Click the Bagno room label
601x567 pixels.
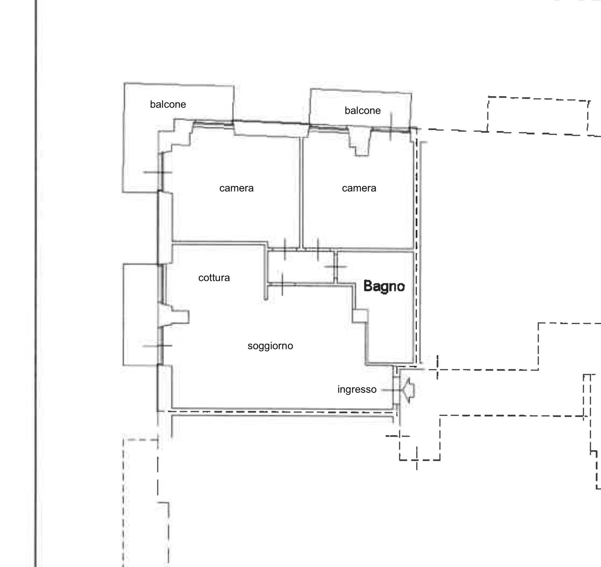384,286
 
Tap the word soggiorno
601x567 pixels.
270,346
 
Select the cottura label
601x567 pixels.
214,278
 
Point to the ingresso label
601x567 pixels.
357,389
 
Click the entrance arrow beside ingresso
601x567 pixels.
408,390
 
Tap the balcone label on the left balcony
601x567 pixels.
168,104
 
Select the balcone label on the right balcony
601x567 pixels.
362,110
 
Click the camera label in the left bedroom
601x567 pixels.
236,188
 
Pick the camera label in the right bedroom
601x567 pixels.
359,188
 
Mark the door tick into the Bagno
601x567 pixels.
336,267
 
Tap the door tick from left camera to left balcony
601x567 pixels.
158,172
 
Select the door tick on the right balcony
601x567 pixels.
391,127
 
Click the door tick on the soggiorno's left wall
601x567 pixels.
158,346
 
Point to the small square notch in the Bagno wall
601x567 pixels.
360,316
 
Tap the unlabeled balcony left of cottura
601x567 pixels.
141,314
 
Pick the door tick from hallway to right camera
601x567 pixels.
318,249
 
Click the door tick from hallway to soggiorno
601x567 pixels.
282,284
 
